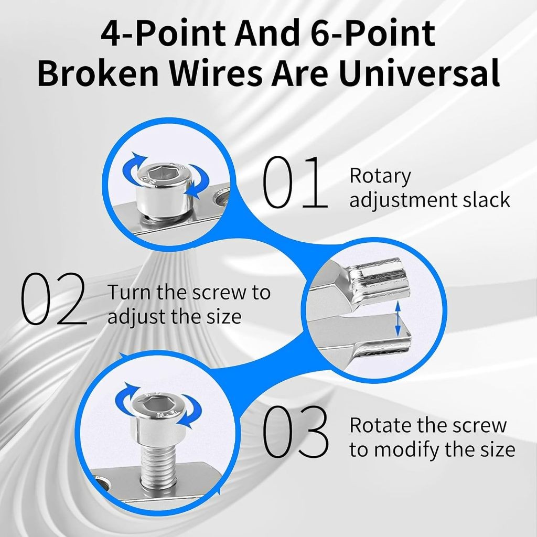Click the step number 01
point(295,182)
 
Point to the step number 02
point(53,298)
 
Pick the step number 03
point(296,432)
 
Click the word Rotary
point(380,177)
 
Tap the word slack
point(487,200)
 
